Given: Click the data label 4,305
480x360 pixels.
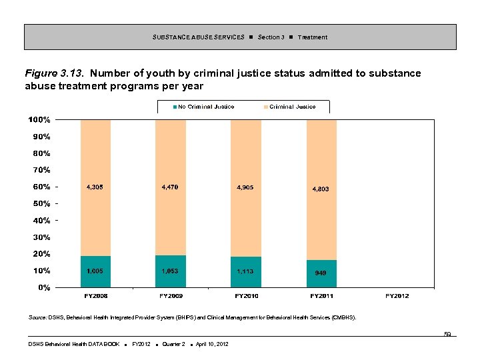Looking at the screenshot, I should (95, 187).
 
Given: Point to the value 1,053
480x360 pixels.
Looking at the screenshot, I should (170, 271).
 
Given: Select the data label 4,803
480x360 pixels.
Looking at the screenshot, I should (321, 189).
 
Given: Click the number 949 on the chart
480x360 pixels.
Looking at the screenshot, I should (321, 273).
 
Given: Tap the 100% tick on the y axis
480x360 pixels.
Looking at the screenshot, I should (39, 120).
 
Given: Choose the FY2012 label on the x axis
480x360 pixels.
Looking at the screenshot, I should (397, 296).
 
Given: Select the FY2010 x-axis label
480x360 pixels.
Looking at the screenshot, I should (246, 296).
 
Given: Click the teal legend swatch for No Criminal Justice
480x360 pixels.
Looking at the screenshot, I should (175, 107).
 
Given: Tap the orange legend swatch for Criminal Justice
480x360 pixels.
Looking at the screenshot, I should (266, 107).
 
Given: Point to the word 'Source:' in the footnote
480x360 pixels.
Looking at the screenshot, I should (37, 319).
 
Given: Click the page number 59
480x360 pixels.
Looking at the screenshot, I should (448, 333).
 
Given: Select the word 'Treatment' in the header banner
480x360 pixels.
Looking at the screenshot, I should (313, 37).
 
